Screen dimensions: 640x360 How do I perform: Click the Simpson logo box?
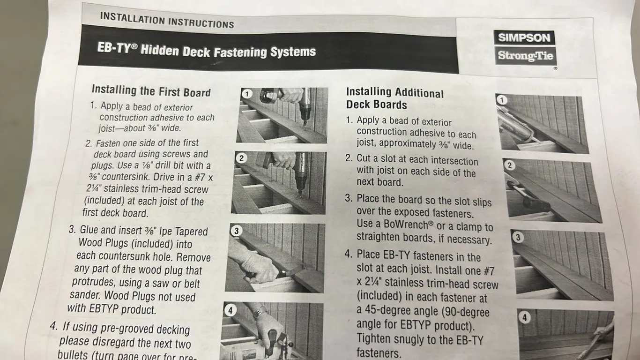[524, 37]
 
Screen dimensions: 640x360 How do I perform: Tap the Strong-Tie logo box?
[525, 55]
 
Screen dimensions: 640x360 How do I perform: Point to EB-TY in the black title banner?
[114, 47]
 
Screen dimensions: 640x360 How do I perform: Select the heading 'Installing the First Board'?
[151, 91]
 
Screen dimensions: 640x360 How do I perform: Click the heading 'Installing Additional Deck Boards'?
[395, 98]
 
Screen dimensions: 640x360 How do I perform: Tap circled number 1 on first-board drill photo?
[247, 94]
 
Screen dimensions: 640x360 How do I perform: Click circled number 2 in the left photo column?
[241, 158]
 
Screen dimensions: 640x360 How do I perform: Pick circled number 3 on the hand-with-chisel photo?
[236, 231]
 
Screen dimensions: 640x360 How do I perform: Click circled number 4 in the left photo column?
[231, 310]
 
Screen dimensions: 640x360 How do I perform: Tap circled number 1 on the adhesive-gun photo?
[502, 100]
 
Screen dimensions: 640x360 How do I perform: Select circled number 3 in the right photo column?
[518, 237]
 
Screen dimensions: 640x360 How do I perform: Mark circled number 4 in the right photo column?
[525, 317]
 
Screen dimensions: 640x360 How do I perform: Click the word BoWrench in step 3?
[406, 224]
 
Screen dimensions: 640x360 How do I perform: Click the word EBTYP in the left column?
[104, 308]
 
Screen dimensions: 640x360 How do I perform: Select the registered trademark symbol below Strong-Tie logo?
[555, 68]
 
